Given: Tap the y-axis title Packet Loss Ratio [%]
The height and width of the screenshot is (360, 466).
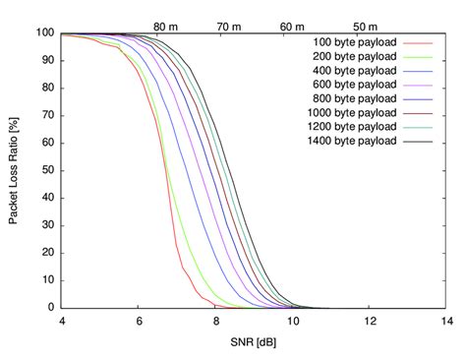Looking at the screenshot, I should coord(14,170).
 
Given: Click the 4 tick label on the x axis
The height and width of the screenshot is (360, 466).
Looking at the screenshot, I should coord(62,322).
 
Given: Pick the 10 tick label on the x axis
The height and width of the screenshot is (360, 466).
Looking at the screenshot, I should coord(292,322).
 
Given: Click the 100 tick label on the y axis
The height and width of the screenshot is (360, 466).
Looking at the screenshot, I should coord(44,33).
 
